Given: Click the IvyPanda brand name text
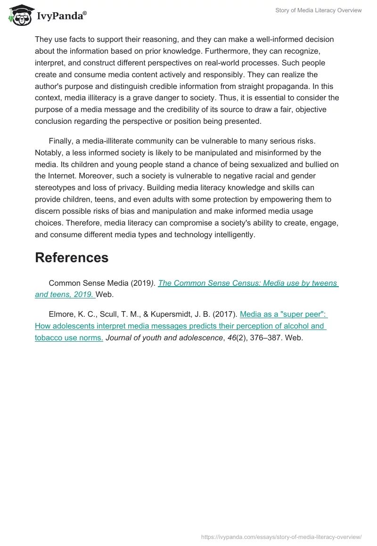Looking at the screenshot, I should click(60, 16).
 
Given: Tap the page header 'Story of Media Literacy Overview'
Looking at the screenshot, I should click(319, 10).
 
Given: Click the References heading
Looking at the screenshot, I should click(72, 257).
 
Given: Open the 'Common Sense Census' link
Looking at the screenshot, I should click(248, 283).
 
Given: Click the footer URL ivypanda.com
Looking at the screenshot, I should click(281, 537).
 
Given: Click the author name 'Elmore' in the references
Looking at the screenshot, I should click(61, 314).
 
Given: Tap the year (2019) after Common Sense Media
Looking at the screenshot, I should click(142, 283).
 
